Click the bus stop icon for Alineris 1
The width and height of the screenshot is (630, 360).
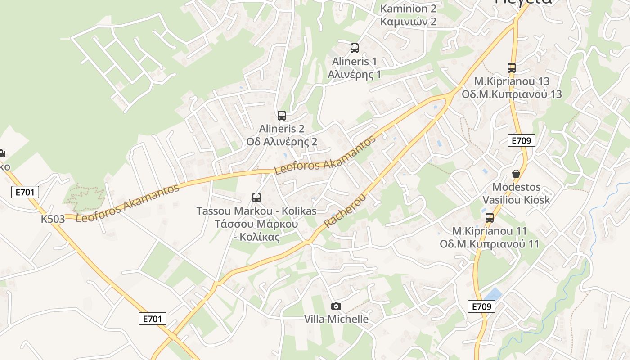click(355, 48)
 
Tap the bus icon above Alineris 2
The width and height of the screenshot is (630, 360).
click(282, 116)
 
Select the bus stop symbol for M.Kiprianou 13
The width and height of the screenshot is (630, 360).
click(512, 68)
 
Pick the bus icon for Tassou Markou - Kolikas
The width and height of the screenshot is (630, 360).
click(256, 197)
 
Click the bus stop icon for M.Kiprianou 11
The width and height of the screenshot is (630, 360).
click(490, 218)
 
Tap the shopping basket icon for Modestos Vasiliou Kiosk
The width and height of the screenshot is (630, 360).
click(516, 174)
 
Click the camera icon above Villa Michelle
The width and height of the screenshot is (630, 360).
click(336, 306)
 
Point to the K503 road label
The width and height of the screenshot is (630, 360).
click(53, 219)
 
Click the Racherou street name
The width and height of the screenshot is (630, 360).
click(345, 211)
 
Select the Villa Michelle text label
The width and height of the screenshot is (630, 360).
click(336, 319)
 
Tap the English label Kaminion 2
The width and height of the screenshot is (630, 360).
click(408, 9)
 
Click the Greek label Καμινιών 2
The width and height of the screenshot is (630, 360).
click(408, 21)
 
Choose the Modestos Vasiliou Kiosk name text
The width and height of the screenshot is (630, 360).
click(516, 193)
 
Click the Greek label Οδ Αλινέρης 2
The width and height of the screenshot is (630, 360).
click(282, 141)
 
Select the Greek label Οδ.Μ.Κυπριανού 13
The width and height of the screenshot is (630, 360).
click(512, 94)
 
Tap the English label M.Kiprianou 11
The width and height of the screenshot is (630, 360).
click(490, 231)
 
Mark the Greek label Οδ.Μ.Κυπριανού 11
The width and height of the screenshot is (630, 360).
click(490, 244)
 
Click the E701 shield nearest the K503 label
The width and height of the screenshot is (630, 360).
click(25, 193)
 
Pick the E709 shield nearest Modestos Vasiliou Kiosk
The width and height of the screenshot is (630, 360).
click(522, 140)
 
